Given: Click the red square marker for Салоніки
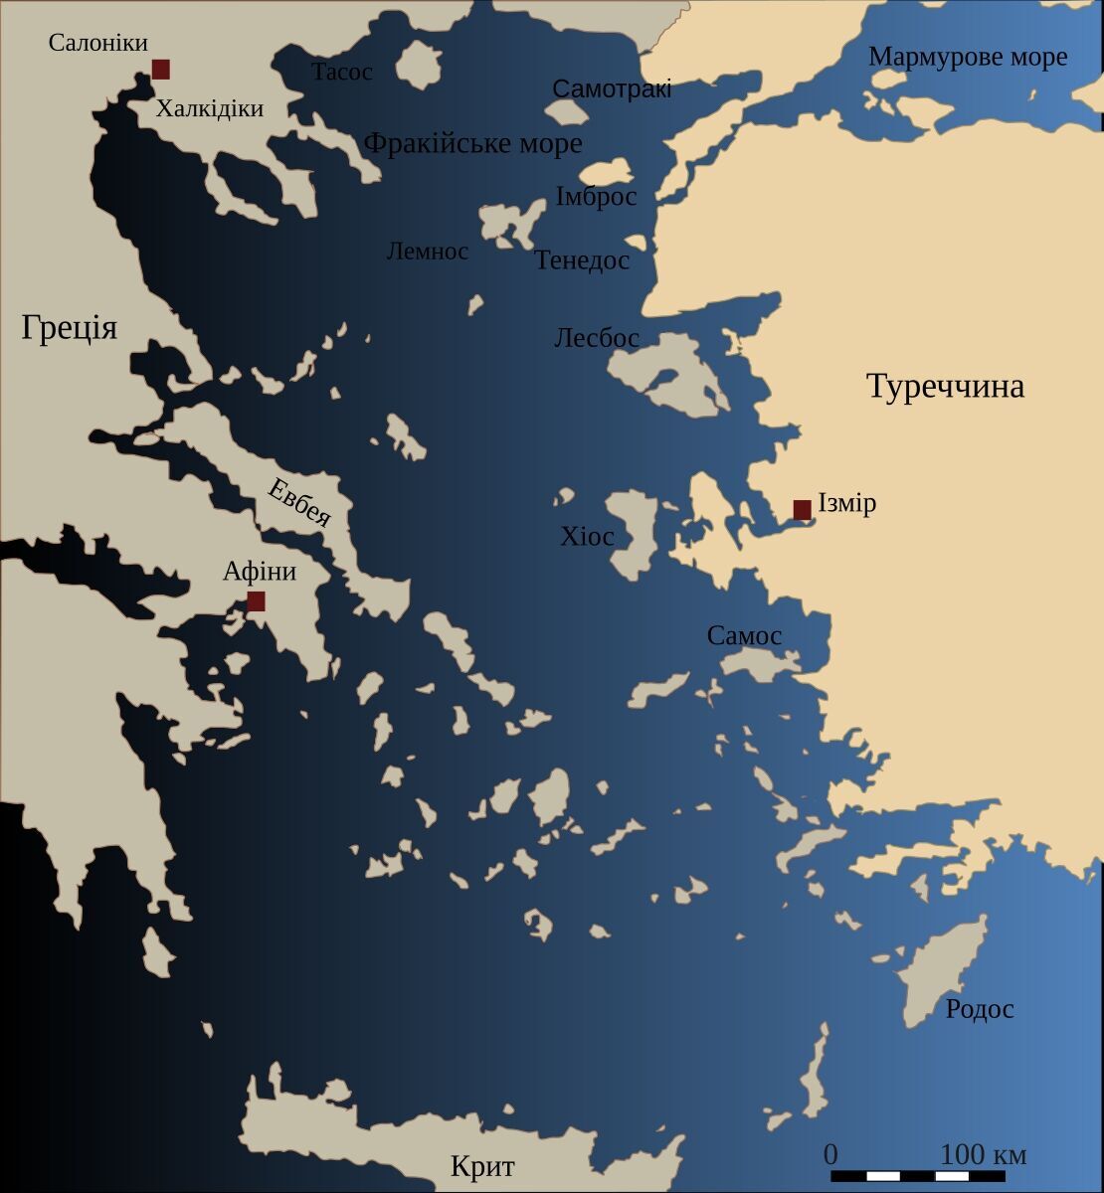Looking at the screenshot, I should (x=160, y=69).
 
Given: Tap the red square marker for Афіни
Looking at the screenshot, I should (x=256, y=600).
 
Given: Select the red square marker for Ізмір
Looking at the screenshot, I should (x=802, y=509).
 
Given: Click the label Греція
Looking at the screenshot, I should (x=70, y=327).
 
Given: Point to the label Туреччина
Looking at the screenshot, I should (x=945, y=386).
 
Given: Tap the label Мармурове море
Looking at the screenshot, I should (x=968, y=57).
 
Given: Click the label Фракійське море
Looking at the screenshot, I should (x=472, y=143).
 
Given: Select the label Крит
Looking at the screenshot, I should (x=482, y=1165).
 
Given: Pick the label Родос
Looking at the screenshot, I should (x=980, y=1009).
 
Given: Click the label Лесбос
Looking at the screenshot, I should (x=596, y=338).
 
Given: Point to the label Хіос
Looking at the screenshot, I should (x=587, y=537).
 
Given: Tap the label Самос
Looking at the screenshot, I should (x=744, y=635).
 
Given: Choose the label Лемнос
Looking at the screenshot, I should (x=427, y=251).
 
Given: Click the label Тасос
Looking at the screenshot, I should (x=341, y=72).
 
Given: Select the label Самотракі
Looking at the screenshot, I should (x=612, y=88).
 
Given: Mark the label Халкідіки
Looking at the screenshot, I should (x=210, y=108).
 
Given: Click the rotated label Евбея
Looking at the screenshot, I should (x=298, y=501).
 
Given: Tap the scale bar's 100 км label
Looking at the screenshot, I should (x=983, y=1154).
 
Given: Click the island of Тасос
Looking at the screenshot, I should (x=419, y=66).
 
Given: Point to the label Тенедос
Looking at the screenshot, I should (x=582, y=260).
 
